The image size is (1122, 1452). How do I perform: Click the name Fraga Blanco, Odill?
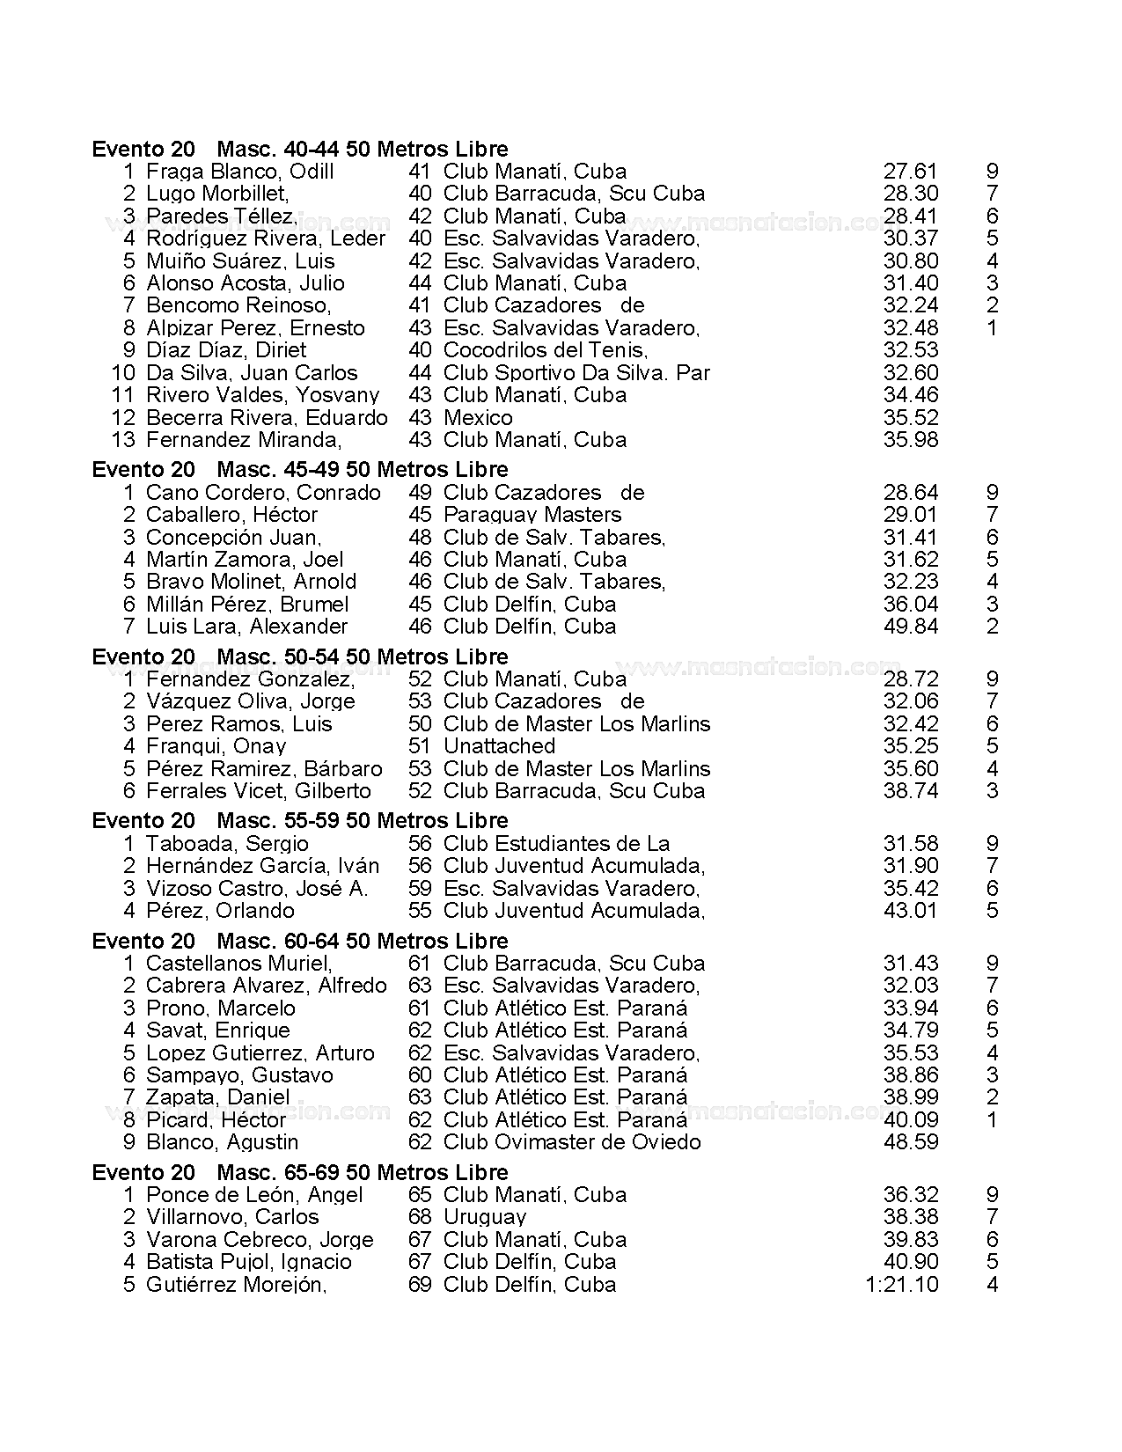pyautogui.click(x=239, y=172)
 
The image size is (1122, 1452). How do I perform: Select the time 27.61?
pyautogui.click(x=910, y=172)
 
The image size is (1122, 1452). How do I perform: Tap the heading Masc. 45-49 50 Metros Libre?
pyautogui.click(x=362, y=469)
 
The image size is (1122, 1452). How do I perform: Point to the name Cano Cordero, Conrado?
pyautogui.click(x=263, y=492)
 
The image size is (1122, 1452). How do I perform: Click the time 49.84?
pyautogui.click(x=910, y=627)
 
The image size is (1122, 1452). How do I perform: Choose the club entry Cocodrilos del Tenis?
pyautogui.click(x=545, y=350)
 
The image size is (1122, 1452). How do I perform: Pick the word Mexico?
pyautogui.click(x=478, y=417)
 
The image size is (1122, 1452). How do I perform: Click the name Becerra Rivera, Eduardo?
pyautogui.click(x=267, y=417)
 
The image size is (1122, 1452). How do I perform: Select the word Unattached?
pyautogui.click(x=499, y=746)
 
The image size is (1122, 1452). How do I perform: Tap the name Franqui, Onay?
pyautogui.click(x=216, y=746)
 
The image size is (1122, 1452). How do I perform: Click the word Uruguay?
pyautogui.click(x=484, y=1217)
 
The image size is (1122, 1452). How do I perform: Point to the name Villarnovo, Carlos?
pyautogui.click(x=232, y=1217)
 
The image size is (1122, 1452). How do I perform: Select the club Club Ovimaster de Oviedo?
pyautogui.click(x=572, y=1142)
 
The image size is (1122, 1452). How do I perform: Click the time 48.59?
pyautogui.click(x=910, y=1142)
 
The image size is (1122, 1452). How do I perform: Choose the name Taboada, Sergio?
pyautogui.click(x=215, y=844)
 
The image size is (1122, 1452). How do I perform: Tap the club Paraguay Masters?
pyautogui.click(x=532, y=515)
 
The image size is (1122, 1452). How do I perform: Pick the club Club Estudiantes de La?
pyautogui.click(x=556, y=844)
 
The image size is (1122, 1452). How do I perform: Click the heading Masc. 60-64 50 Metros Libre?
pyautogui.click(x=362, y=941)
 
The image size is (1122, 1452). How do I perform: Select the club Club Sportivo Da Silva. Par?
pyautogui.click(x=576, y=373)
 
